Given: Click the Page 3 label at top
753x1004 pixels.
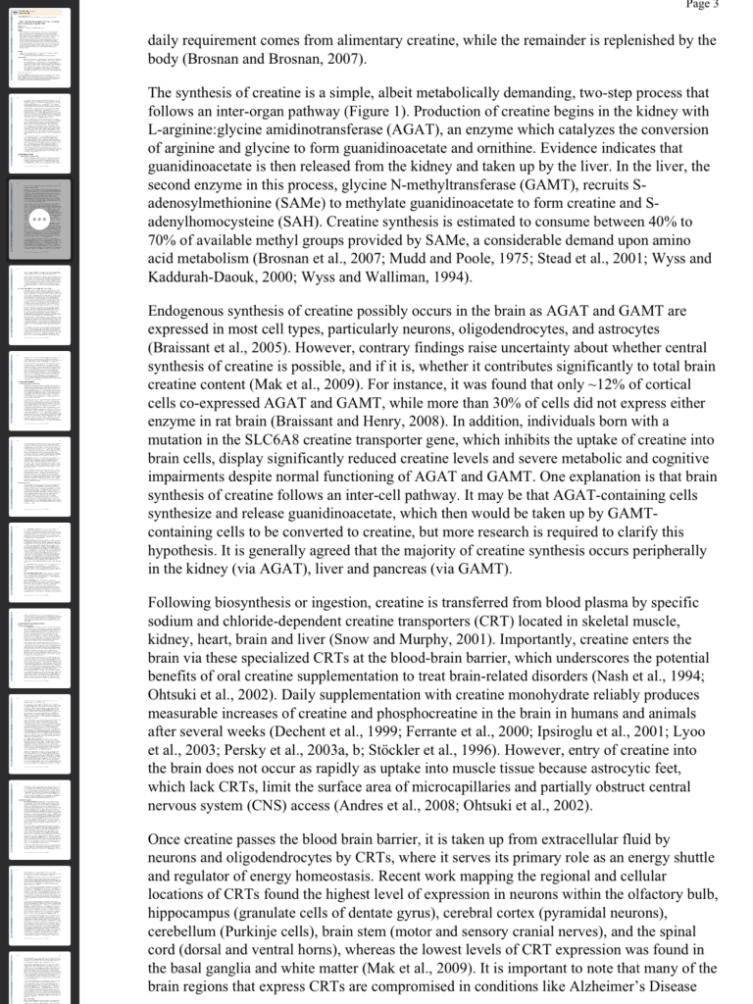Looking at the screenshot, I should pyautogui.click(x=702, y=5).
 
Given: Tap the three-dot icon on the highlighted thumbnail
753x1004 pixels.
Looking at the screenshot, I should pyautogui.click(x=40, y=220).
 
